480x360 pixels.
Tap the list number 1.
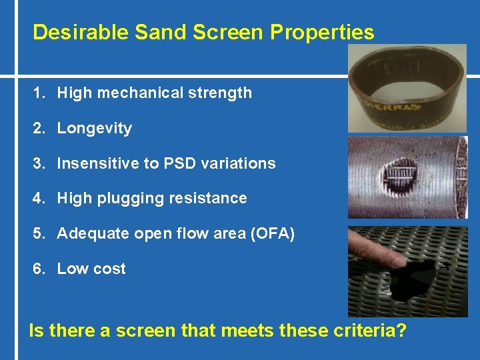[x=37, y=93]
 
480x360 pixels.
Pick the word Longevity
[x=95, y=129]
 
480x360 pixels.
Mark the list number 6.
[x=37, y=269]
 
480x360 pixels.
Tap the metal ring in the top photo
[x=407, y=87]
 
